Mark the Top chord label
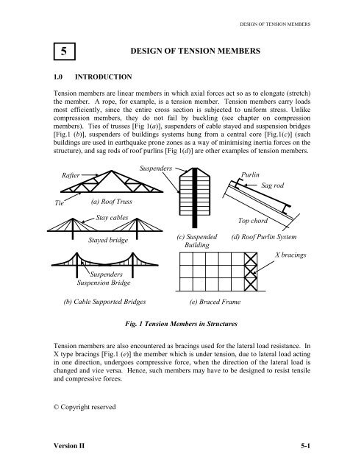[254, 220]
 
